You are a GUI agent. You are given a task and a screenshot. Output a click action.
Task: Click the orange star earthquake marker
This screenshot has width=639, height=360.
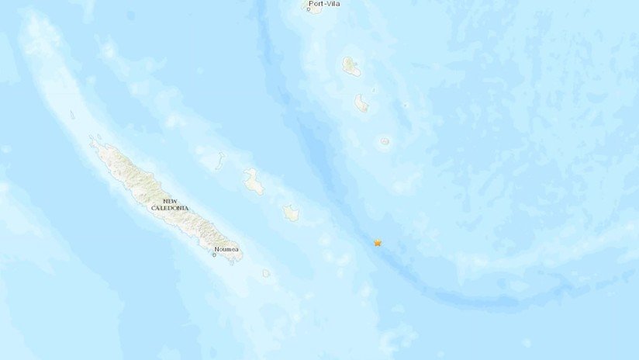point(378,243)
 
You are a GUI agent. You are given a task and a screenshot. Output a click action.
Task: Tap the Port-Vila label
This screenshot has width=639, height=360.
point(323,4)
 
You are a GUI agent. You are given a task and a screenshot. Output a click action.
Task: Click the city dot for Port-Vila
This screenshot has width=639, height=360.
point(308,10)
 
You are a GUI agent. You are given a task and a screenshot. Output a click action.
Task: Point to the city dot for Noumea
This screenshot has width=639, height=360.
point(215,254)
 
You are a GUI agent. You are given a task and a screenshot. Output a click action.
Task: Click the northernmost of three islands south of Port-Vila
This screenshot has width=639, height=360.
point(351,67)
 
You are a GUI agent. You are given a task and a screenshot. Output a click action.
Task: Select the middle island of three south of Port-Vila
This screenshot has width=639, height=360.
point(361,103)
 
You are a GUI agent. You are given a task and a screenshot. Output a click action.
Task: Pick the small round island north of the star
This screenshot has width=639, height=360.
point(385,142)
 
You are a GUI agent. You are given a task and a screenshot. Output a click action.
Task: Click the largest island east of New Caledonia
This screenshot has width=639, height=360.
point(253,182)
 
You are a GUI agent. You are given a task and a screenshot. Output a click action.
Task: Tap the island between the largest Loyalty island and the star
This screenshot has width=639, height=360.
point(291,212)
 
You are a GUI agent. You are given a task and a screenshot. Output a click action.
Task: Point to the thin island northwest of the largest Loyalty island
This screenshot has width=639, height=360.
point(221,160)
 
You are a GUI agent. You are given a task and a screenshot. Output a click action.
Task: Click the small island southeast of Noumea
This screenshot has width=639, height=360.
point(266,273)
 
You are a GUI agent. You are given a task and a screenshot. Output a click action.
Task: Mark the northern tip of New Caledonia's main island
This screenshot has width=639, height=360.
point(92,140)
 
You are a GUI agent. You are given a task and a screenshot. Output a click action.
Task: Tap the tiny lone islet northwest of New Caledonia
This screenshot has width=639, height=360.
point(72,115)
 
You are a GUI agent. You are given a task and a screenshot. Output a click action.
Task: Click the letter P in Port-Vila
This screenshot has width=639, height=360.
point(311,4)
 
